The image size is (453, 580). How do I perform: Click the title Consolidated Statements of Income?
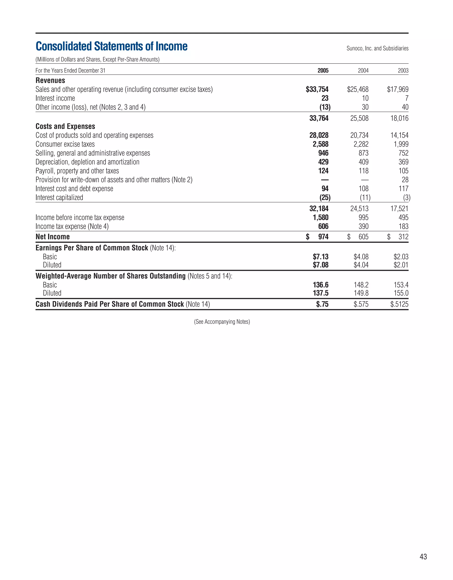point(111,46)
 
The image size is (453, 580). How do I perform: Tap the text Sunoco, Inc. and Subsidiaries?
point(377,48)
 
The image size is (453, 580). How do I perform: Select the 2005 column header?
point(323,71)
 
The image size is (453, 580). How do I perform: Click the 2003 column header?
point(403,71)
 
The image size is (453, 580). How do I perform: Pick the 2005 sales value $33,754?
point(317,89)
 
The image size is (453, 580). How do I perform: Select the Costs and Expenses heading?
point(65,126)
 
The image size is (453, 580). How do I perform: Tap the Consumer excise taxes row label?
point(65,144)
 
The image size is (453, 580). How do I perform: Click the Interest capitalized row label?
point(59,198)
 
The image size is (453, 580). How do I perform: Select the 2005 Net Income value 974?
point(323,237)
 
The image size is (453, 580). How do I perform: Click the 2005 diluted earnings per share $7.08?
point(320,265)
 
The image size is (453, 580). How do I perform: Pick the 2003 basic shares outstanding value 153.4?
point(401,285)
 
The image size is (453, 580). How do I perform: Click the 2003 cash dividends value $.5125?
point(399,304)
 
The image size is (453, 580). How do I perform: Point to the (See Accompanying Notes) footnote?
point(222,322)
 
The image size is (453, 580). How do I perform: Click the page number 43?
point(423,557)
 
